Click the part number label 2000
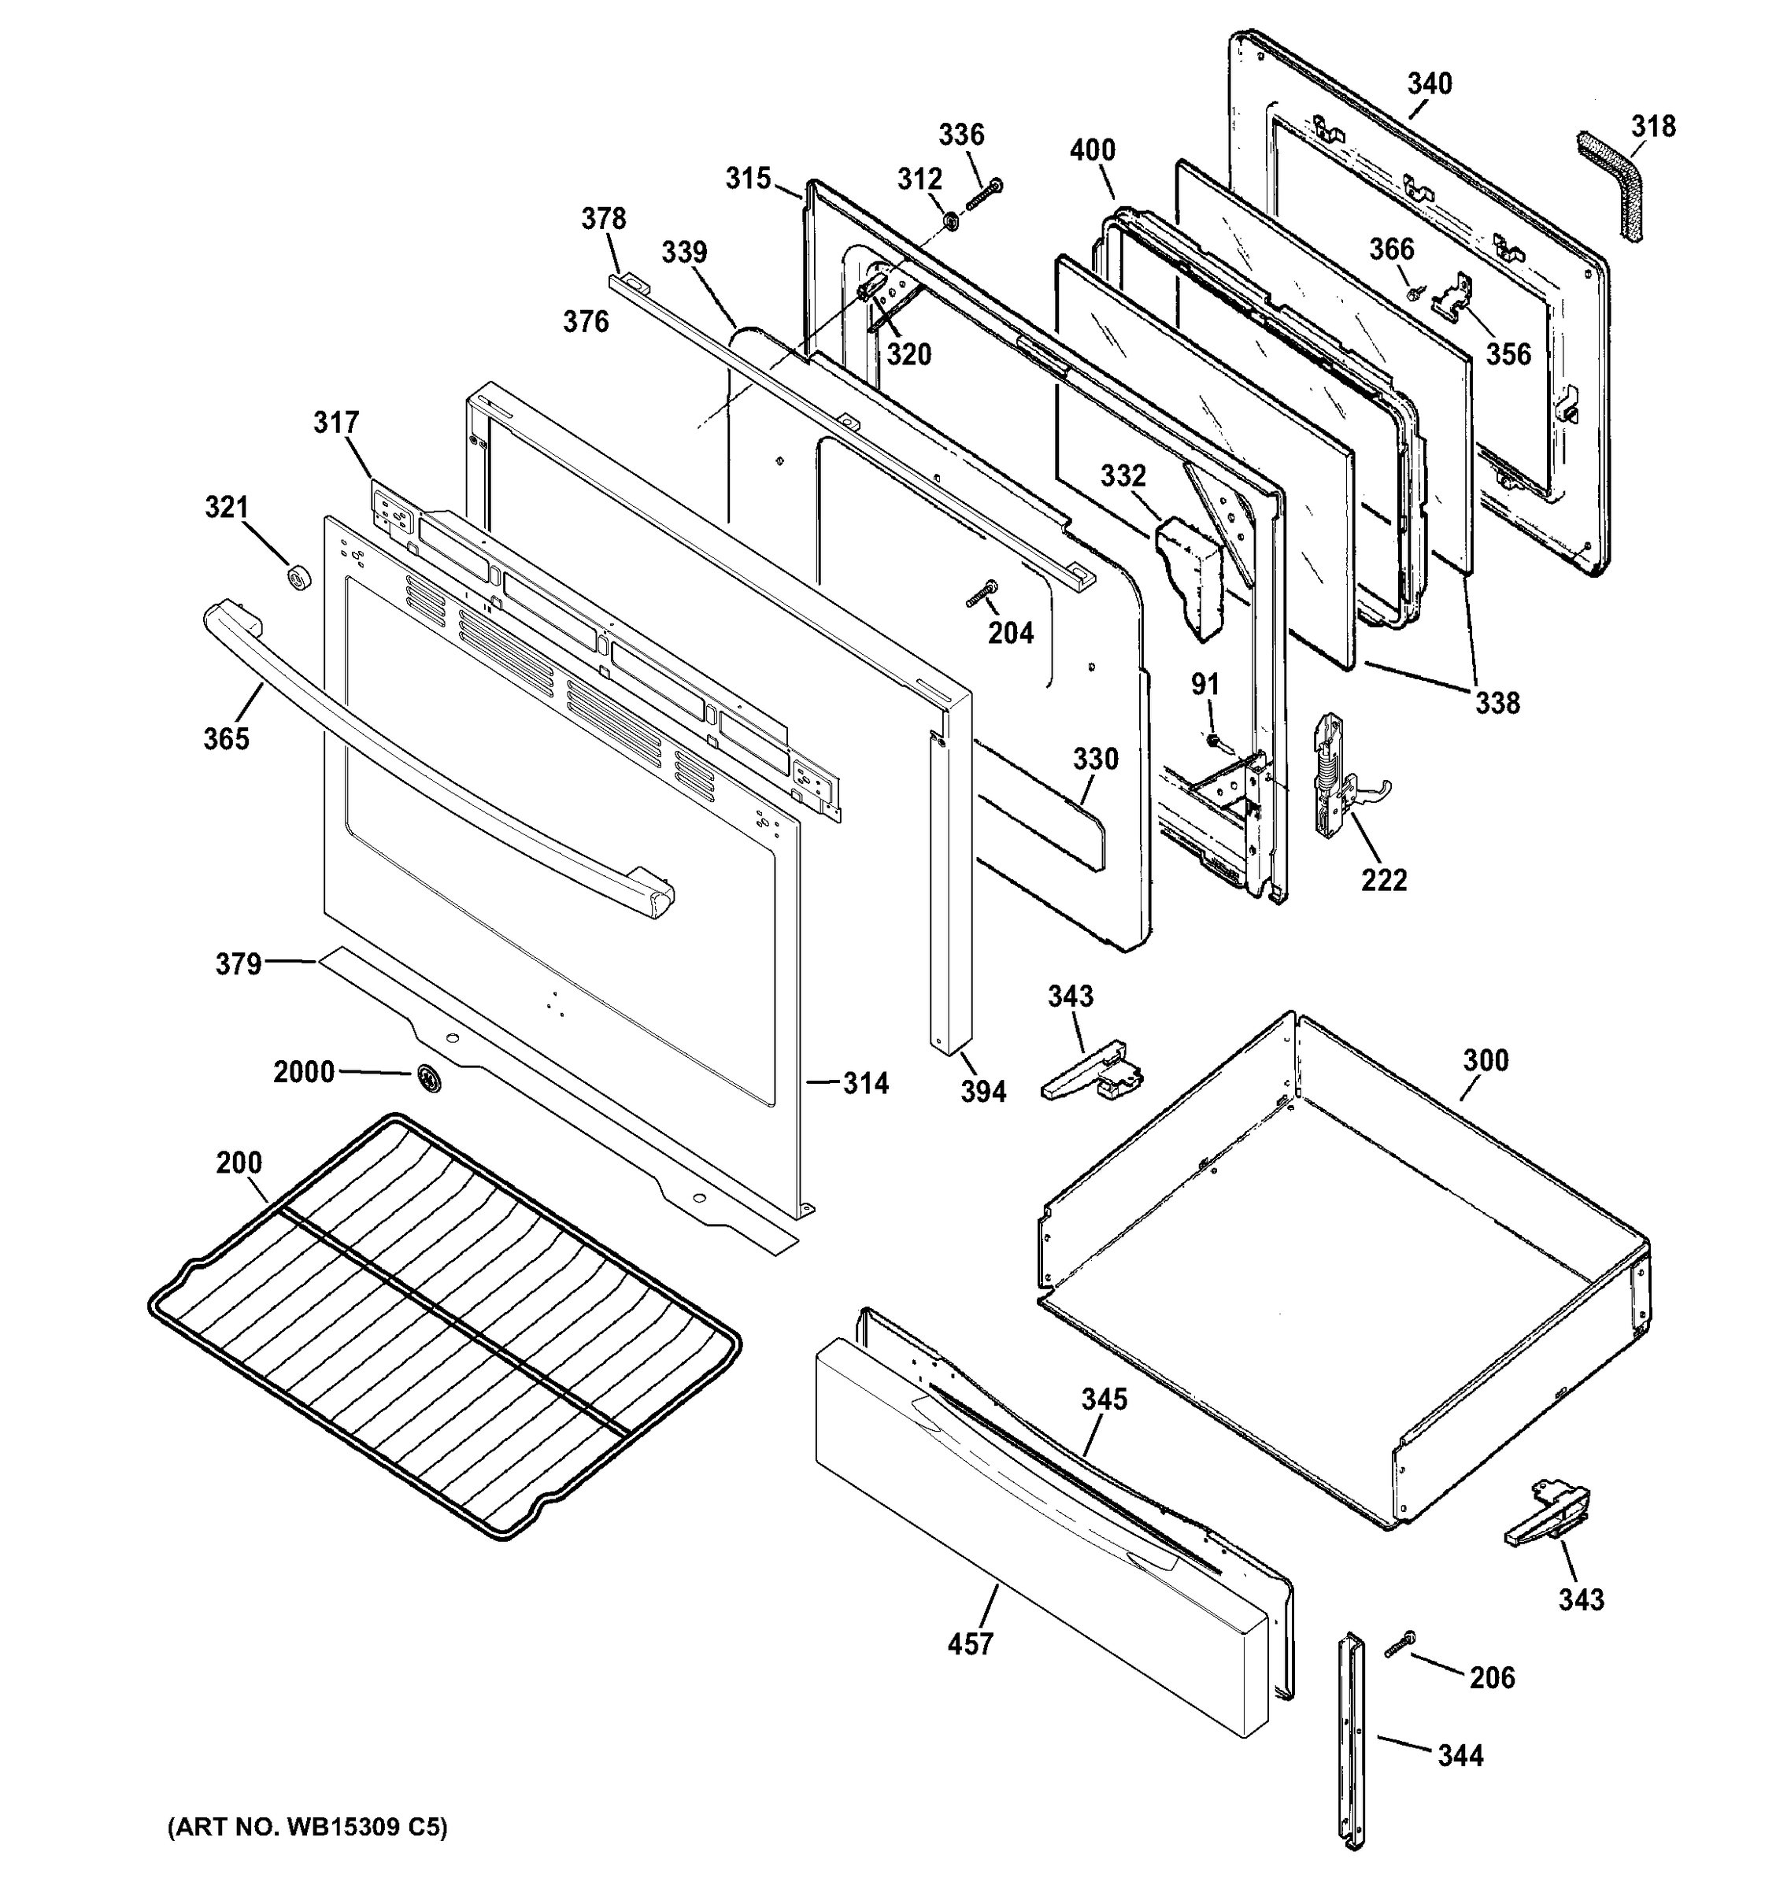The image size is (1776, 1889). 303,1072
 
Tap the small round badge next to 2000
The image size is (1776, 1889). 428,1077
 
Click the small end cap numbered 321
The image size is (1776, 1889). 300,576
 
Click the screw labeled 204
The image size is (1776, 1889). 979,594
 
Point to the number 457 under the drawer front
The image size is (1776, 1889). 969,1669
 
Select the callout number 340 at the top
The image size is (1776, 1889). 1429,83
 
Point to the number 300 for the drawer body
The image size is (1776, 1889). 1486,1059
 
